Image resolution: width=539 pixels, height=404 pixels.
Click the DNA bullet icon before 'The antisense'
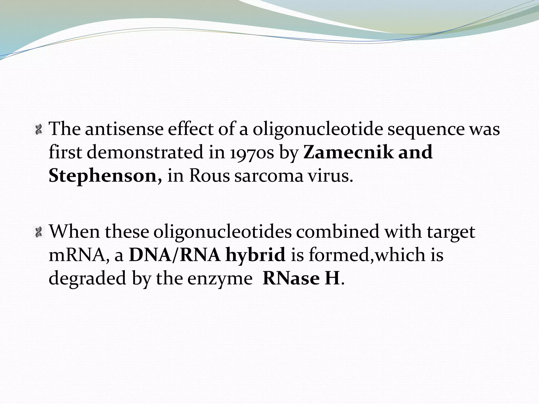click(x=39, y=129)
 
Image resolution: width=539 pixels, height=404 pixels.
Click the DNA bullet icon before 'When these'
click(x=39, y=232)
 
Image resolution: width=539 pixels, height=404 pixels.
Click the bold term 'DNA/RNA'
click(x=175, y=255)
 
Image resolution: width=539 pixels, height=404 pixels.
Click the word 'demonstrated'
click(x=145, y=153)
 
